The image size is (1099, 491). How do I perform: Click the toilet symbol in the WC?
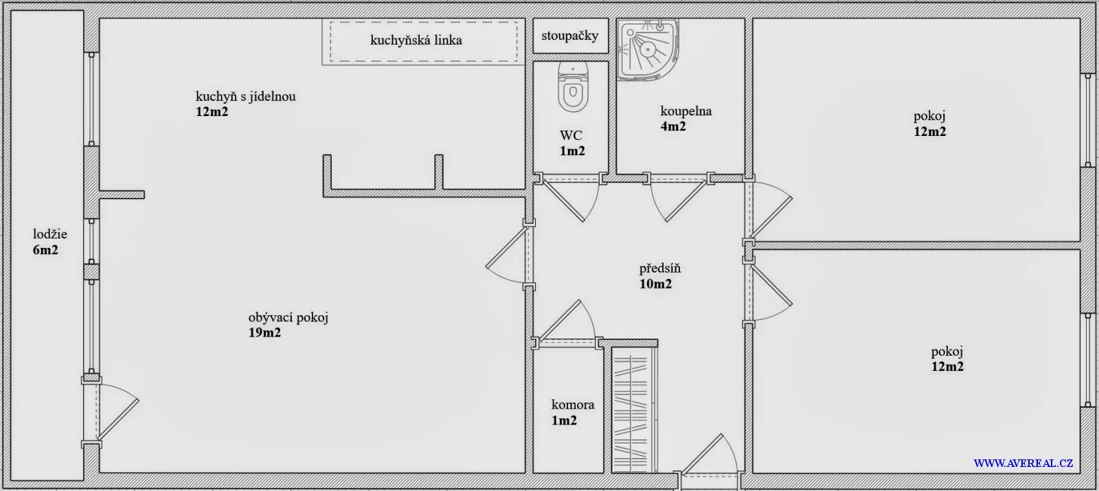coord(573,87)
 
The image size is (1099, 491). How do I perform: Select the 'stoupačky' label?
coord(570,35)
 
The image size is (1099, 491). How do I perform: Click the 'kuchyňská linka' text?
coord(416,40)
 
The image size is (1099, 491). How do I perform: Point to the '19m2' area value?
coord(265,333)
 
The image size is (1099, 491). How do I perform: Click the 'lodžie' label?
coord(50,234)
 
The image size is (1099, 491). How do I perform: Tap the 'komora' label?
coord(573,404)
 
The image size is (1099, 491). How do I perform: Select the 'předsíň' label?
coord(660,269)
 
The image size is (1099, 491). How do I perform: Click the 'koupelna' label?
coord(686,111)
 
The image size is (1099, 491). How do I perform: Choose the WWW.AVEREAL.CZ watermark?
coord(1023,463)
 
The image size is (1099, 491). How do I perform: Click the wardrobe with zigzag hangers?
coord(635,409)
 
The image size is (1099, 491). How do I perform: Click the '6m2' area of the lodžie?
coord(45,250)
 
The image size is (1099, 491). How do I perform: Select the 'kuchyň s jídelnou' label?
coord(246,96)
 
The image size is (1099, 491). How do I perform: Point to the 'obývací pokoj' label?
coord(288,317)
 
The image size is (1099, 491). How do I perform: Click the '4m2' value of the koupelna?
coord(673,126)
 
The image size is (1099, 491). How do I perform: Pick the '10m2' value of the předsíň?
coord(655,284)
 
